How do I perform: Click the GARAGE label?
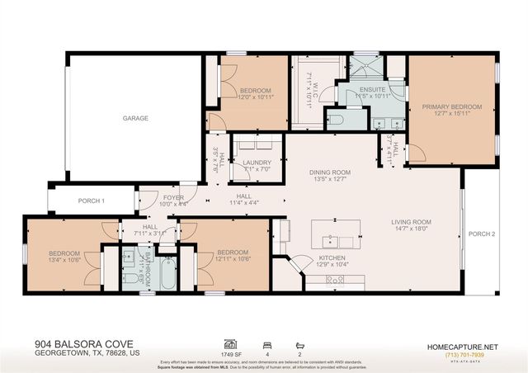[135, 119]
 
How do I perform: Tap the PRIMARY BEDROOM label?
[451, 106]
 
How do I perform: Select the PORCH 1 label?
[92, 201]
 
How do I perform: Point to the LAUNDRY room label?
[257, 163]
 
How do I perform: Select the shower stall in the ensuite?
[361, 67]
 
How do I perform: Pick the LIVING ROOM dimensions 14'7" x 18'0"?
[411, 229]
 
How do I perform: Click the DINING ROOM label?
[330, 172]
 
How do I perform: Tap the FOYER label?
[173, 197]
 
